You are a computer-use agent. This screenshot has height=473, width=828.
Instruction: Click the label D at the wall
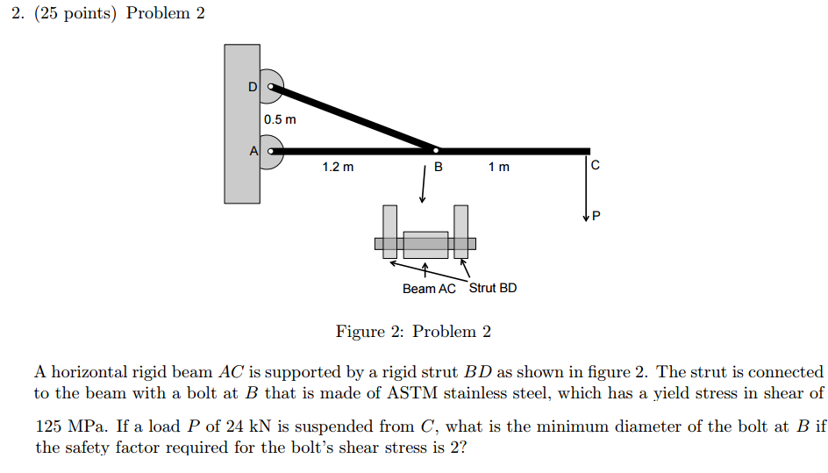pos(253,87)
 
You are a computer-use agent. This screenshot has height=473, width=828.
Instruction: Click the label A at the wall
pos(253,151)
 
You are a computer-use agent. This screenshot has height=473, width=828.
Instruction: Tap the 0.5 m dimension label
pos(280,119)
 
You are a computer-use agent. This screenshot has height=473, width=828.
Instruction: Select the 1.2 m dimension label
pos(338,167)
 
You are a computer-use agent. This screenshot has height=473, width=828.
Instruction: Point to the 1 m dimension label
pos(498,167)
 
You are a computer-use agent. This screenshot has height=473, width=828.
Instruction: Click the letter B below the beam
pos(439,167)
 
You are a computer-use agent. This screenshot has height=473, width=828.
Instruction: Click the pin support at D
pos(271,87)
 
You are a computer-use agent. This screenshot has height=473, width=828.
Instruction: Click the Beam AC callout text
pos(429,289)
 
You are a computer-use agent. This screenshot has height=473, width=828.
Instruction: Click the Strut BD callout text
pos(493,288)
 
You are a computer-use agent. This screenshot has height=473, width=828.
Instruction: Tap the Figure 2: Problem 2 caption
pos(413,332)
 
